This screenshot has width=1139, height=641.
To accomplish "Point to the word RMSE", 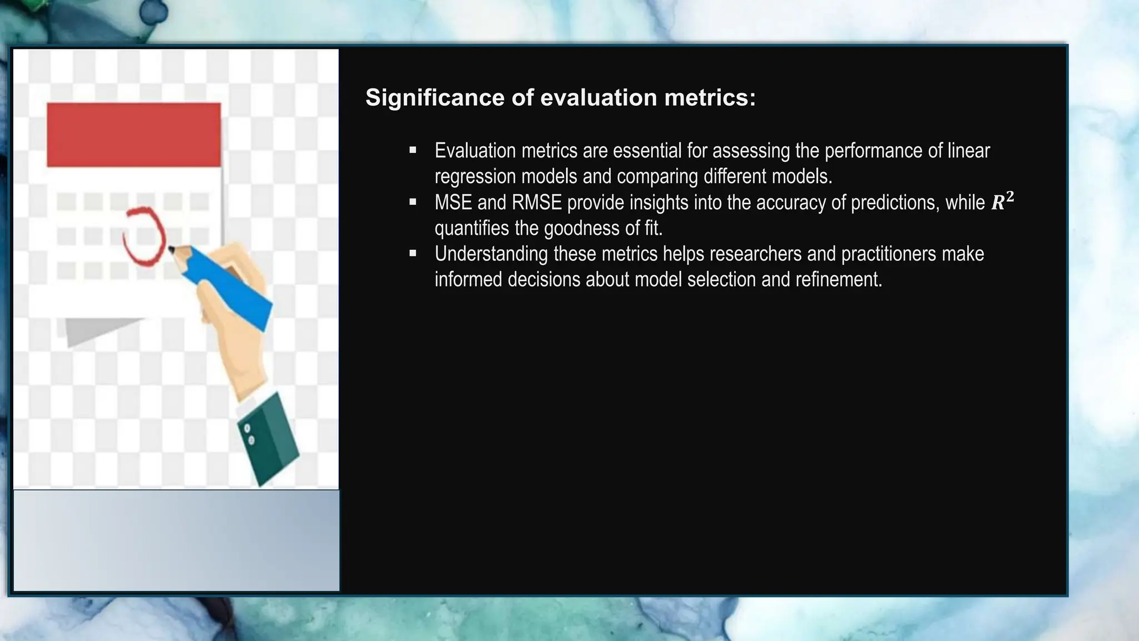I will [x=536, y=203].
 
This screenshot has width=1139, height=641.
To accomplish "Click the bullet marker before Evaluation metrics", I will [x=413, y=150].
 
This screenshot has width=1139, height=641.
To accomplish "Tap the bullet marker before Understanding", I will [x=413, y=254].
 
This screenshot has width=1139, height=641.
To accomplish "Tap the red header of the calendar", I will [x=133, y=135].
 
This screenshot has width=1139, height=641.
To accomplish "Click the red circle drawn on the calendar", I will [x=144, y=236].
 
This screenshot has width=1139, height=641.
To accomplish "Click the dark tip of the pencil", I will [x=172, y=249].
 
